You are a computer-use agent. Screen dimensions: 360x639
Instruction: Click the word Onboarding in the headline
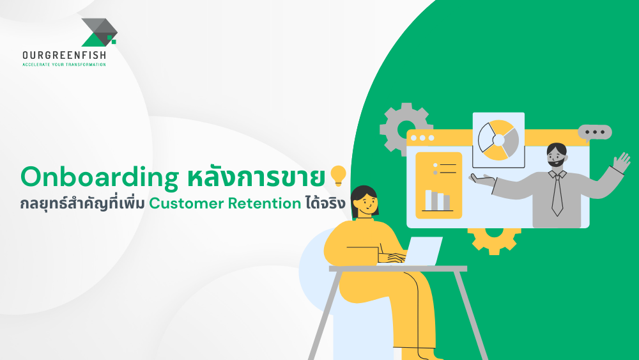click(99, 178)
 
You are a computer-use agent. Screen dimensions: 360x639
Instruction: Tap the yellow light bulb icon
click(337, 175)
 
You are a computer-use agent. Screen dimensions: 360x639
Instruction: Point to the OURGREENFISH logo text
click(64, 56)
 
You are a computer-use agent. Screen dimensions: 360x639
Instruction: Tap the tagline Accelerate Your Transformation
click(64, 65)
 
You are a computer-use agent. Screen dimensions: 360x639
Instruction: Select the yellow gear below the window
click(494, 238)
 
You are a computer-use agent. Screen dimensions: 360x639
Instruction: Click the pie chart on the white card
click(498, 139)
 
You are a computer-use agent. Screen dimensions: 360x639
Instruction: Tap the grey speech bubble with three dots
click(595, 132)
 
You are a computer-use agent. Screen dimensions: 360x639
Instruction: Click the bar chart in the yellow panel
click(438, 200)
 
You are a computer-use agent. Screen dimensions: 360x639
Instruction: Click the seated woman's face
click(364, 204)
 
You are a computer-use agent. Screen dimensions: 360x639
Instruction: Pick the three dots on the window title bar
click(422, 137)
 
